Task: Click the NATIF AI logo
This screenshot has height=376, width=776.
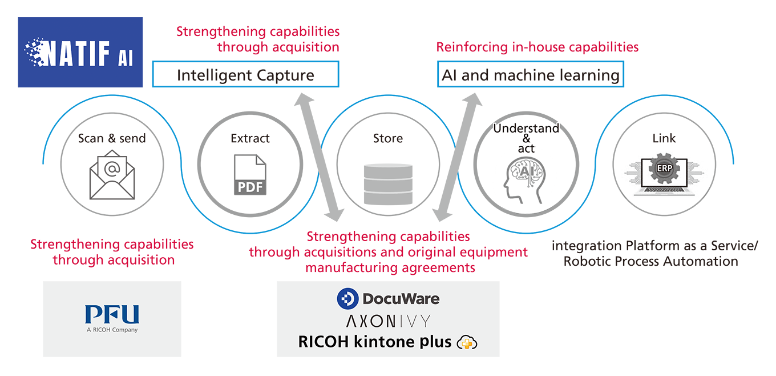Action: (x=80, y=52)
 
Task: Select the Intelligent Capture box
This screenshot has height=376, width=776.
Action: (x=245, y=75)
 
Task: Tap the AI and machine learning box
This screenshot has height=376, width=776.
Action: (x=531, y=75)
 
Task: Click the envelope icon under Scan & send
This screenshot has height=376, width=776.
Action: (x=112, y=174)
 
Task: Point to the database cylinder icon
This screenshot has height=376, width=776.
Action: (x=388, y=178)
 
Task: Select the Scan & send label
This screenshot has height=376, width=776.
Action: (x=112, y=138)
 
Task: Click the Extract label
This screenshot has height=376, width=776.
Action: (x=250, y=138)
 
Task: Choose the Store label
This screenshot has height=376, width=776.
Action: (x=388, y=138)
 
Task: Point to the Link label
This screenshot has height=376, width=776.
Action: (x=664, y=138)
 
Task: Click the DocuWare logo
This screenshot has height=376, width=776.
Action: (x=388, y=298)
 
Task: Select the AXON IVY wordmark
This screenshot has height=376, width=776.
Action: (x=388, y=320)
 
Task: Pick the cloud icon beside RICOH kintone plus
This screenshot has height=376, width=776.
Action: (x=467, y=342)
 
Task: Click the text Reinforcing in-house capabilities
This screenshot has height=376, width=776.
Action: (x=537, y=47)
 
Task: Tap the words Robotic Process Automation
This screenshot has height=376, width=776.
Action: (x=650, y=262)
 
